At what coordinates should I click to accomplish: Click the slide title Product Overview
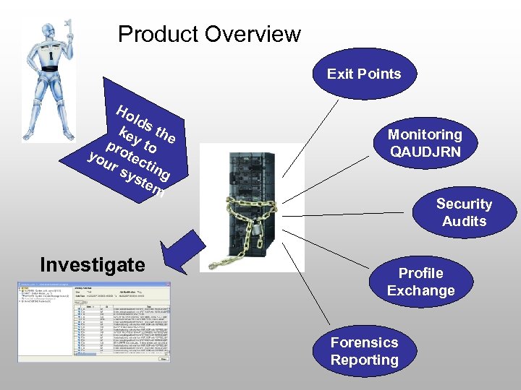(209, 34)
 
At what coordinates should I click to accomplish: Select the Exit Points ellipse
(363, 74)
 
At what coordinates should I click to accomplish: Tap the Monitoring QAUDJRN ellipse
(425, 143)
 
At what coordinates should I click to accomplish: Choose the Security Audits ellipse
(464, 212)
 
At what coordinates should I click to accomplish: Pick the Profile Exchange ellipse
(420, 282)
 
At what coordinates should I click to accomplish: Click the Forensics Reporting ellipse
(365, 351)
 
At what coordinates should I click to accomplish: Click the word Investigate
(93, 265)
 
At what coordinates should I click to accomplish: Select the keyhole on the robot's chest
(51, 56)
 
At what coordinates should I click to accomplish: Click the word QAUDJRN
(425, 152)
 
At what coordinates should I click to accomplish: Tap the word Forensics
(365, 342)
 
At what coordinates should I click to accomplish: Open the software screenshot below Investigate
(94, 321)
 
